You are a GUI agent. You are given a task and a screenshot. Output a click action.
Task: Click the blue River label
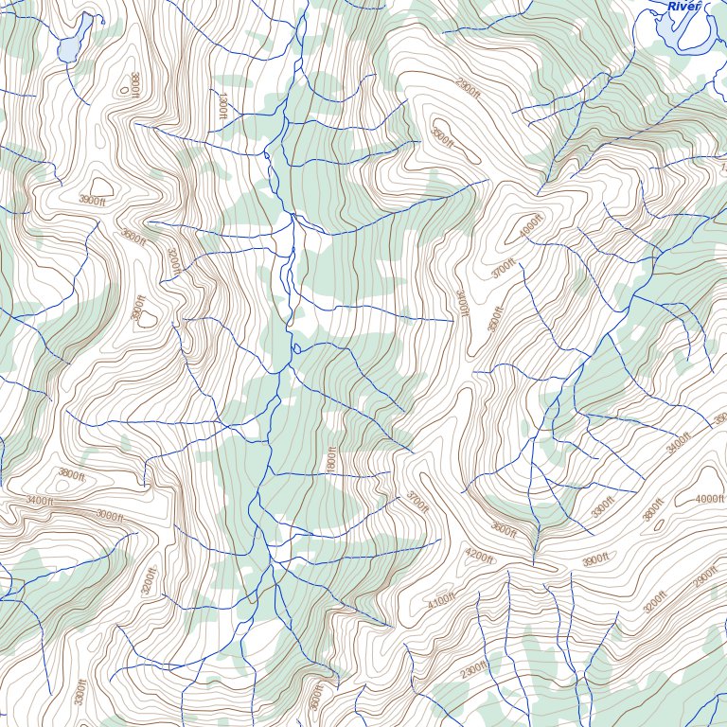click(x=684, y=7)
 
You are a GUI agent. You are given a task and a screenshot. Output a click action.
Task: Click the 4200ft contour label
click(x=479, y=557)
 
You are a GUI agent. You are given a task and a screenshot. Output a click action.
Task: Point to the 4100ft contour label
click(x=441, y=601)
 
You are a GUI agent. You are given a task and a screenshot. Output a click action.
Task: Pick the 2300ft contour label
click(x=473, y=670)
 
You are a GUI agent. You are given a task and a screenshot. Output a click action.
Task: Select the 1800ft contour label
click(x=331, y=461)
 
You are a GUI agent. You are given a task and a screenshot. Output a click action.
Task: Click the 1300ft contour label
click(x=222, y=104)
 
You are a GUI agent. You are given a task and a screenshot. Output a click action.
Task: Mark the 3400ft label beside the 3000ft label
click(x=40, y=500)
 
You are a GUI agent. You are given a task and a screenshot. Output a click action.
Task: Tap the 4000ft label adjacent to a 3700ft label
click(x=527, y=228)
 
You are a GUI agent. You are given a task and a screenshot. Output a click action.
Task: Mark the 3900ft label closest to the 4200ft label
click(x=594, y=560)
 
